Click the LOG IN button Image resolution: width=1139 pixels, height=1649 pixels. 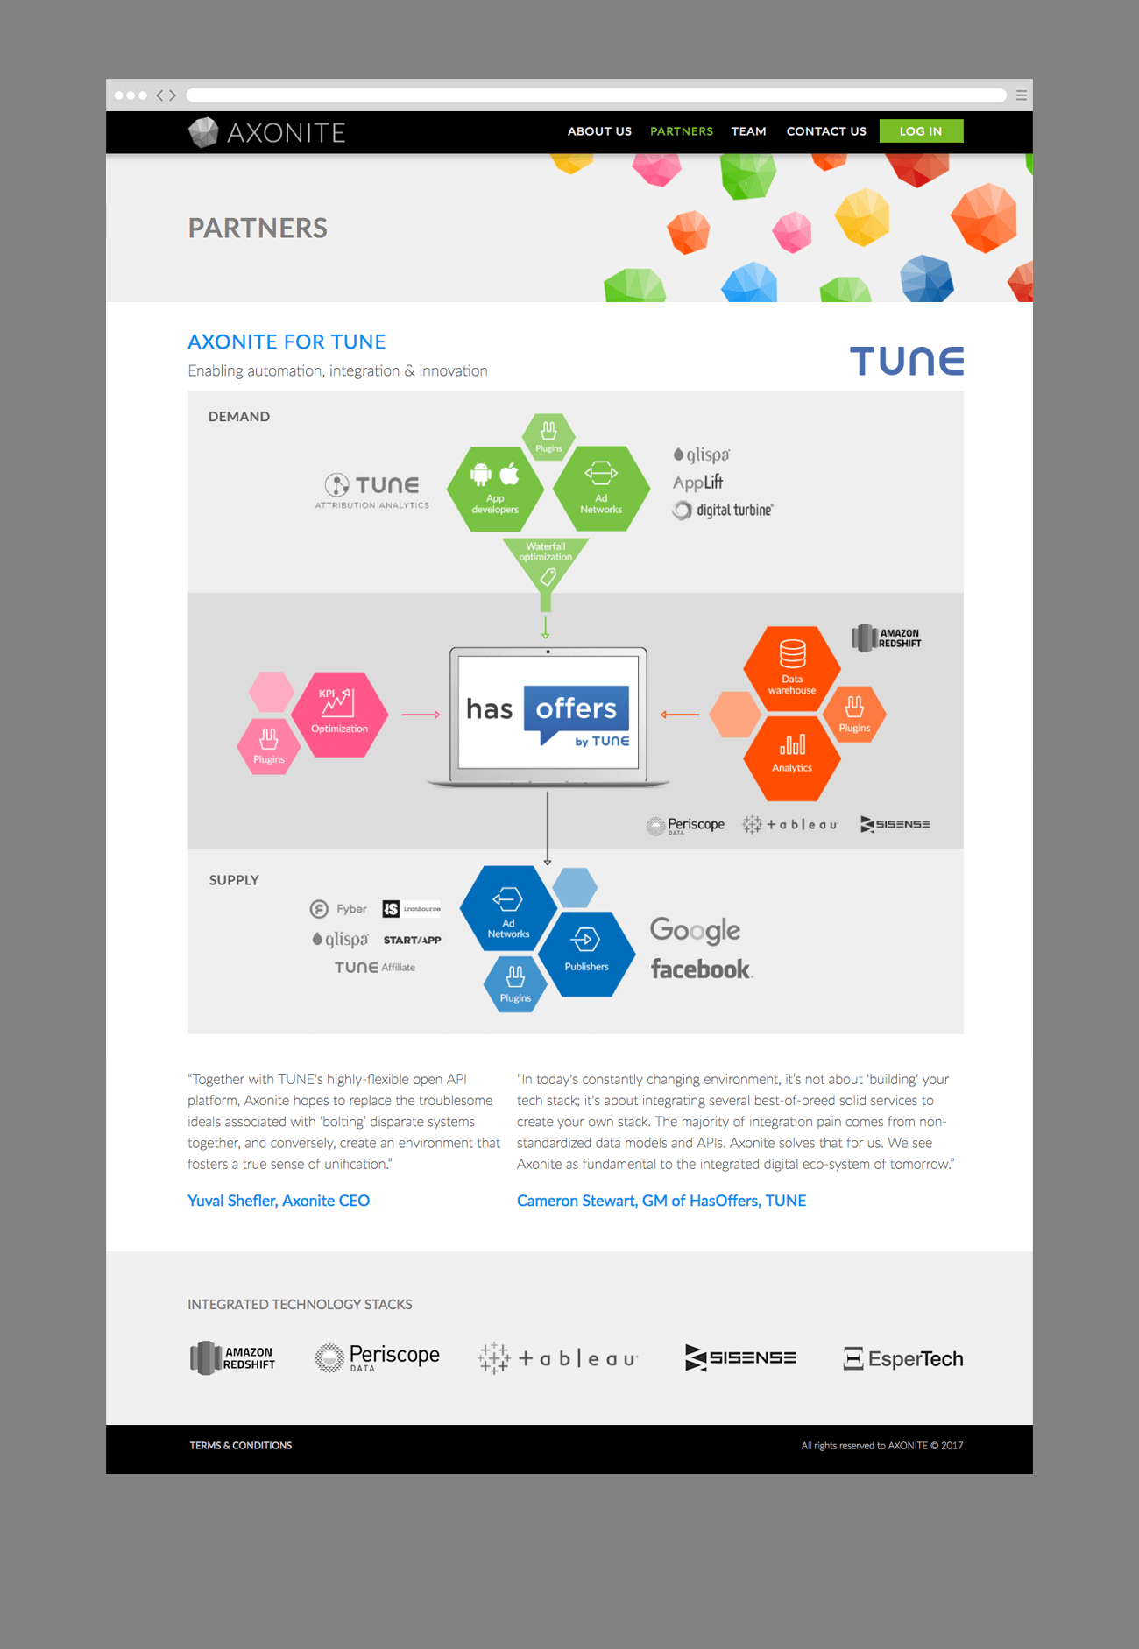pos(921,131)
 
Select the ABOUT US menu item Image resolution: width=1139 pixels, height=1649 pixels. pos(599,131)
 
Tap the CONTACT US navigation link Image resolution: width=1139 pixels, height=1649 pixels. pos(825,131)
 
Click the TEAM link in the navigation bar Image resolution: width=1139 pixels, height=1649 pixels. pos(748,131)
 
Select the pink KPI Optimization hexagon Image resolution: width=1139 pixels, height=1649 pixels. pos(339,714)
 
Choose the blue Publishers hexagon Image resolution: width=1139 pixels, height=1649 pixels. pos(586,952)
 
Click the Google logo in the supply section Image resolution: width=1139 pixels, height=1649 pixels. pos(696,930)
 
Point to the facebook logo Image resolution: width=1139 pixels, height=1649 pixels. pos(701,969)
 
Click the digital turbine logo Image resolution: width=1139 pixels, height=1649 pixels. pos(724,510)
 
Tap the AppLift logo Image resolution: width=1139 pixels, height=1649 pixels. pos(697,482)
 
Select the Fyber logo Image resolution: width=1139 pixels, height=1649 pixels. pos(339,909)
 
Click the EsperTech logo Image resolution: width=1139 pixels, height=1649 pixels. pos(903,1358)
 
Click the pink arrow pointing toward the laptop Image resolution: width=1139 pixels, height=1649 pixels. pos(421,715)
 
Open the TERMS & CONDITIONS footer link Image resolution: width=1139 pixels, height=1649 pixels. pos(241,1446)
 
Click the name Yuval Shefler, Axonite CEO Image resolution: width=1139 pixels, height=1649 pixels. pos(279,1201)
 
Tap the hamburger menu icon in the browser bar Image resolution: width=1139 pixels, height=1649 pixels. pos(1022,95)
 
